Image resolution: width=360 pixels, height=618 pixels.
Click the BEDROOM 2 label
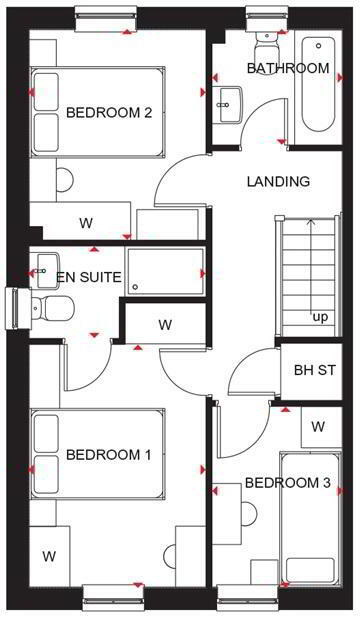109,113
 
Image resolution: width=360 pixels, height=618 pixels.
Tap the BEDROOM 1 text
109,455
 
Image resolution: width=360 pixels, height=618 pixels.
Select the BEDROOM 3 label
288,482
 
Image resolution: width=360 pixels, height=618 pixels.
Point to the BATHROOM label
288,68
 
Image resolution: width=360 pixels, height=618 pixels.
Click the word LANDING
278,182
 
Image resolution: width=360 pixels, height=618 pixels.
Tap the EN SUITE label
89,277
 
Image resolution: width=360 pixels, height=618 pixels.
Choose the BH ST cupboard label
315,370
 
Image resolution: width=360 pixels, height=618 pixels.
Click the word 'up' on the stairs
320,317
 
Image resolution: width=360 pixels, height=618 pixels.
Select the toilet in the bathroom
267,45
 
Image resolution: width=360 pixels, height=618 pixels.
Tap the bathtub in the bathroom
318,84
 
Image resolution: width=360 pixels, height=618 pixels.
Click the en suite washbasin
47,270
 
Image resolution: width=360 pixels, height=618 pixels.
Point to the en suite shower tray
165,272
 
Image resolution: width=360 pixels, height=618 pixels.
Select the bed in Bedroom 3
310,519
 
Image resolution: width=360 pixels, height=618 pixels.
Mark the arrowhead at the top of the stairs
312,222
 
